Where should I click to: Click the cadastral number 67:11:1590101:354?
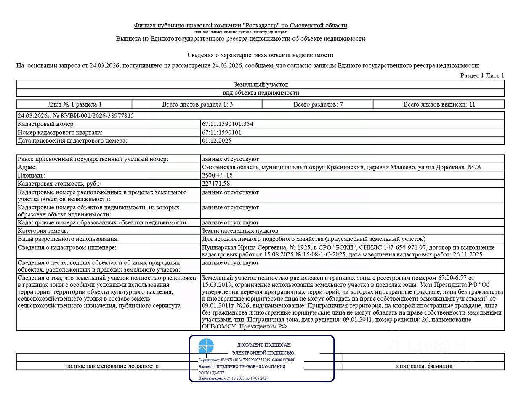pos(227,124)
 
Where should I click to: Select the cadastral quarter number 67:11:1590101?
pos(221,132)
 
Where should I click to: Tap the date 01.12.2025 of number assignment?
pos(216,141)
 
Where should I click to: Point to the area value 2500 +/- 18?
pos(217,175)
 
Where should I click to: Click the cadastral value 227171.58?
pos(216,184)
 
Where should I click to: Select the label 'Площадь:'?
pos(31,175)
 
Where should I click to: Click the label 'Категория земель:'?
pos(43,231)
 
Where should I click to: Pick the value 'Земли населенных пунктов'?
pos(240,231)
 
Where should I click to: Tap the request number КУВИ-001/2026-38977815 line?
pos(76,115)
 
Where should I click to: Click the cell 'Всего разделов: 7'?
pos(318,104)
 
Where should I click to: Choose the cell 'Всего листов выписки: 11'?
pos(439,104)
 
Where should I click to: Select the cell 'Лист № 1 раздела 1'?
pos(74,104)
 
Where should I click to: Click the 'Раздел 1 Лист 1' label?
pos(482,75)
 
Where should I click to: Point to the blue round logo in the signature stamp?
pos(206,346)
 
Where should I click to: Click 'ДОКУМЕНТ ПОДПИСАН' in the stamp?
pos(264,345)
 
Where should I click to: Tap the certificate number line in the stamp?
pos(247,360)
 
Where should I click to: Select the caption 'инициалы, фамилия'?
pos(424,366)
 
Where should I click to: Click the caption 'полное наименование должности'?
pos(112,366)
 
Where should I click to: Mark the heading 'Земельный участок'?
pos(261,85)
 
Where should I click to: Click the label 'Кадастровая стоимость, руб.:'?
pos(58,184)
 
